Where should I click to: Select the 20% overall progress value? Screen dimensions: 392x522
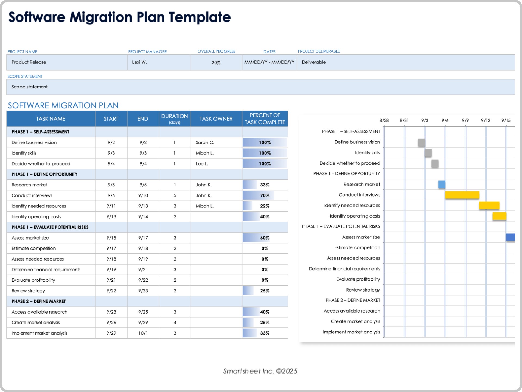tap(216, 63)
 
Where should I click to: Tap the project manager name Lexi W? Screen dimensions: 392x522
tap(139, 62)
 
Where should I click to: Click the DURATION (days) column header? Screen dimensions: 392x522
tap(175, 119)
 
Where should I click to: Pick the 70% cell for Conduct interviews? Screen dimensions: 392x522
tap(265, 195)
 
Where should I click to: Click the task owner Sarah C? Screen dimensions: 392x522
tap(205, 142)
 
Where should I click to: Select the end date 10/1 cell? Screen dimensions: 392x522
tap(143, 333)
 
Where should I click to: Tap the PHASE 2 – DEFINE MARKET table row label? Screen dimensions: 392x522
tap(39, 301)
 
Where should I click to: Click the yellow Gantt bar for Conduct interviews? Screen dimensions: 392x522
tap(462, 195)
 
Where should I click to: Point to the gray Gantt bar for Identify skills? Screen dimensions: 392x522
tap(428, 153)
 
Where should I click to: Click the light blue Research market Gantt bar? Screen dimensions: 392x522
tap(442, 185)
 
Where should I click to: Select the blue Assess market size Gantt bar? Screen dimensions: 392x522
tap(510, 237)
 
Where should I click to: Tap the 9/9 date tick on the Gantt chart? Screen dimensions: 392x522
tap(465, 120)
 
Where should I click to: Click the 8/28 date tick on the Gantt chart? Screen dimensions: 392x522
tap(384, 120)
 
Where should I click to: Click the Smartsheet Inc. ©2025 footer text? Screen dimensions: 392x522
tap(260, 371)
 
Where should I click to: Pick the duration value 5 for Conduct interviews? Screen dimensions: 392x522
tap(175, 195)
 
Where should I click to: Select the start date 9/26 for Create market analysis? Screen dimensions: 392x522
tap(111, 323)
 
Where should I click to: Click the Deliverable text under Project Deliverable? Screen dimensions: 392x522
tap(313, 62)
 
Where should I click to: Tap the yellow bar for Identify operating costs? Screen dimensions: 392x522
tap(499, 216)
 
